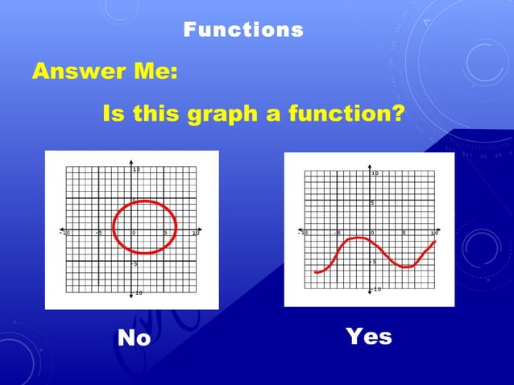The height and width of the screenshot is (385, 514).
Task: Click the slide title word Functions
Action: [243, 31]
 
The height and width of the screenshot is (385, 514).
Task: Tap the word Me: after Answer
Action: [153, 72]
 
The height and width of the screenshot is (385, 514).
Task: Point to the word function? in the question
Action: [338, 114]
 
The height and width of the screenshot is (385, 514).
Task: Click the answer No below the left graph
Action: [134, 338]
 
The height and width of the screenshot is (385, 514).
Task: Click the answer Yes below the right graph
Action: [368, 336]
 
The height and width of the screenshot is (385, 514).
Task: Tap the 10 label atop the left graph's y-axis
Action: [137, 169]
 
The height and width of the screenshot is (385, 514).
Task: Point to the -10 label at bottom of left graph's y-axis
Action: [138, 292]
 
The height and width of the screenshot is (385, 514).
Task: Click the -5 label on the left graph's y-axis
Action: [135, 263]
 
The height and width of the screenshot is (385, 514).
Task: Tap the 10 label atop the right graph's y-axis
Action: [375, 173]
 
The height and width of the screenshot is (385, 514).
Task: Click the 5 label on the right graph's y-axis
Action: [372, 202]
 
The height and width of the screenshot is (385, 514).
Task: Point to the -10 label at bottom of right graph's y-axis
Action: [376, 289]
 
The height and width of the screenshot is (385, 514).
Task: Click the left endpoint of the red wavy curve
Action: [315, 272]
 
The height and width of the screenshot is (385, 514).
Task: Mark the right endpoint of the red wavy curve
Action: [435, 242]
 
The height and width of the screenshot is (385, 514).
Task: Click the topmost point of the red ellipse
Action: [143, 201]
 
